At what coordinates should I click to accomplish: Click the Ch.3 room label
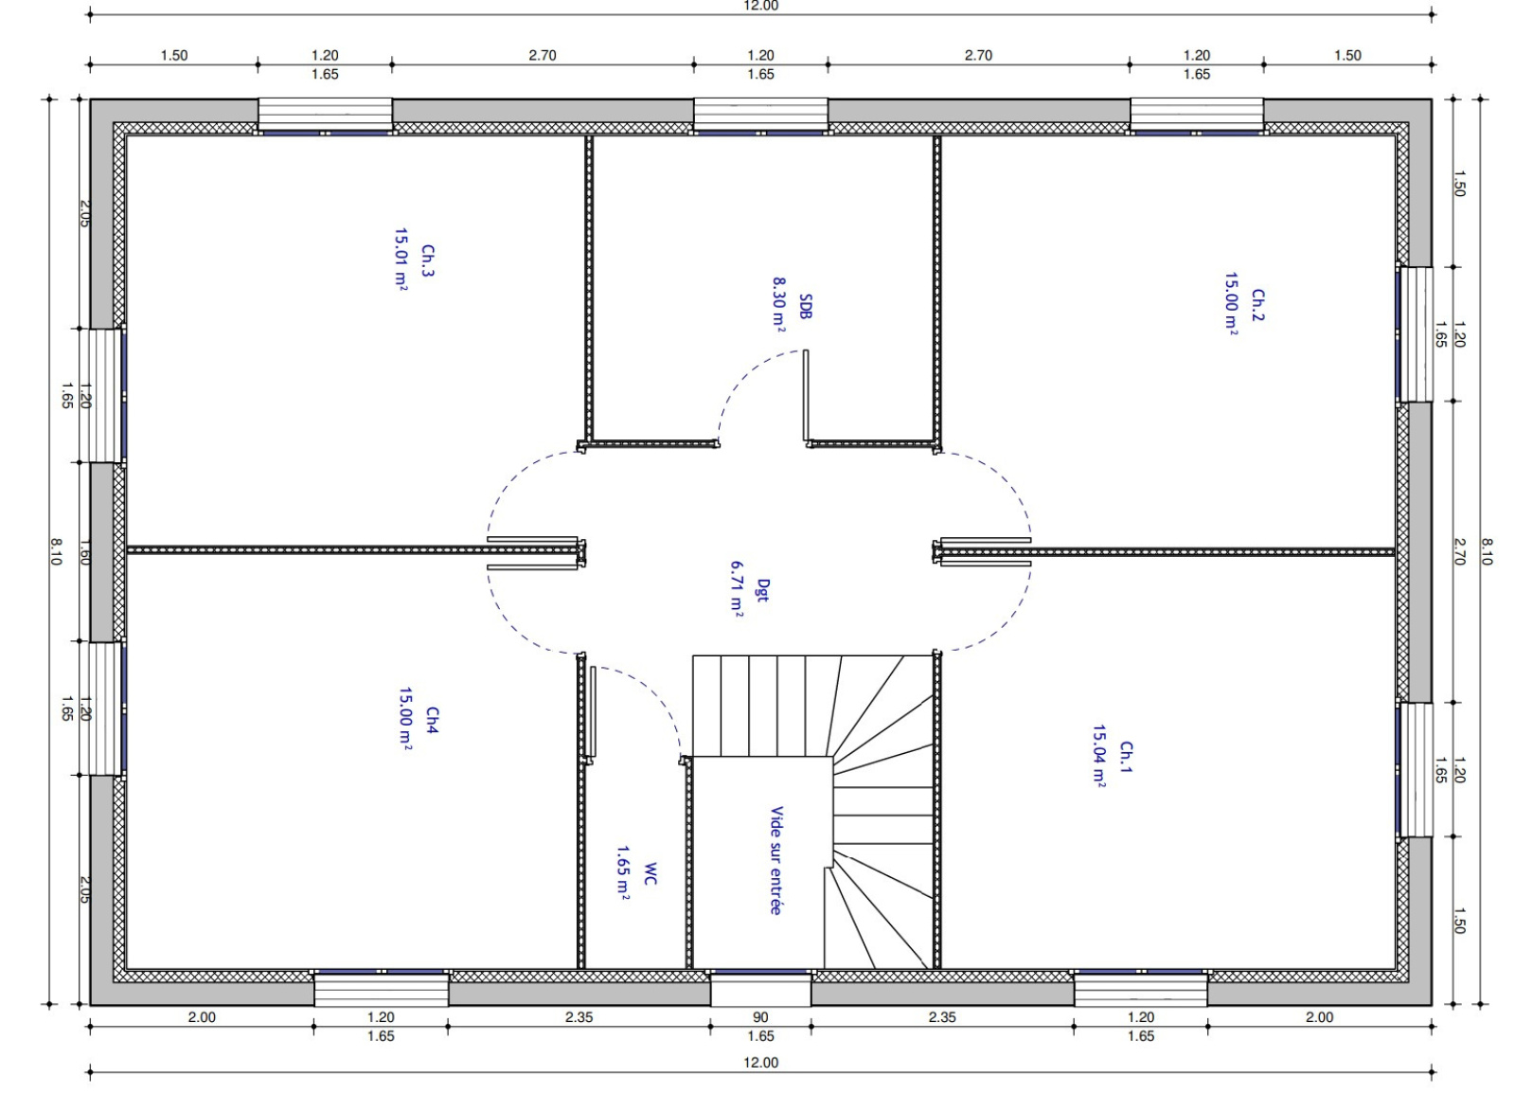click(428, 261)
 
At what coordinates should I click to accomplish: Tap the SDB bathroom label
click(805, 307)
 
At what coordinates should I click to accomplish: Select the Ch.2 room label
click(1258, 305)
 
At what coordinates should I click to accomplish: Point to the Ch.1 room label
click(1127, 757)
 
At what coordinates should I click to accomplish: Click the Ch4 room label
click(432, 721)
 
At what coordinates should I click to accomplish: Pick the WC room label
click(650, 873)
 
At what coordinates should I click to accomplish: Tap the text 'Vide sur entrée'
click(776, 861)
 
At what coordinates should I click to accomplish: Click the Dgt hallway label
click(763, 591)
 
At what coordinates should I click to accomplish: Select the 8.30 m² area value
click(779, 304)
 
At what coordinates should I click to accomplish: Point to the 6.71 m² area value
click(738, 588)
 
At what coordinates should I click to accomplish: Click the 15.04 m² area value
click(1099, 757)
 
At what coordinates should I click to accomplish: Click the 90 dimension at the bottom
click(760, 1017)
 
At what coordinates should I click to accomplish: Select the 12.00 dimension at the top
click(761, 6)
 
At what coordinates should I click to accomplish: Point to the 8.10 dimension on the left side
click(56, 551)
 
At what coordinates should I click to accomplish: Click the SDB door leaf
click(806, 395)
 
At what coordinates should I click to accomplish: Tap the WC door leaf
click(593, 711)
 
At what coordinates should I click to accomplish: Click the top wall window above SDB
click(761, 116)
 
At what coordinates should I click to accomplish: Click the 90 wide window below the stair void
click(761, 989)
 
